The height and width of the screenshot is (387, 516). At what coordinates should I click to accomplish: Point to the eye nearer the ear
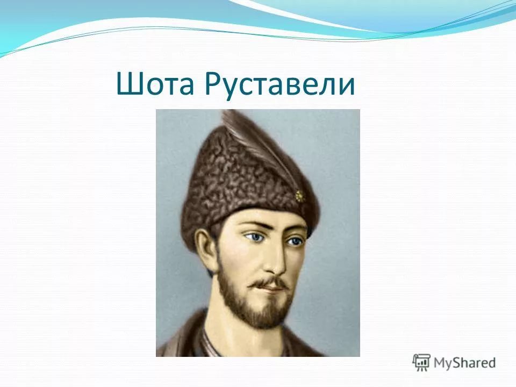pos(252,236)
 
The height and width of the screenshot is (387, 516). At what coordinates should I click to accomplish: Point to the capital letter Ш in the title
pos(127,84)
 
